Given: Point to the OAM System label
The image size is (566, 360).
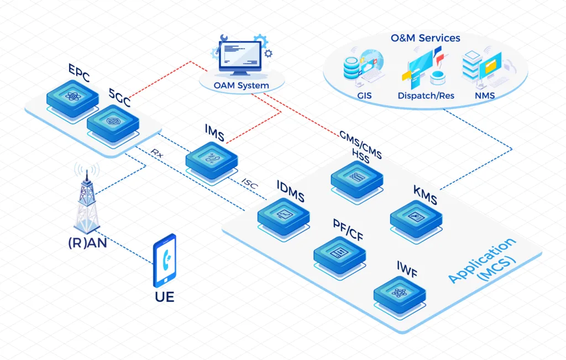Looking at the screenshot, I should (242, 85).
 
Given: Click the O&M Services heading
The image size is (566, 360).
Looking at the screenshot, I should (425, 38).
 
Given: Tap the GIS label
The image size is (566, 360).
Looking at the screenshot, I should (364, 96).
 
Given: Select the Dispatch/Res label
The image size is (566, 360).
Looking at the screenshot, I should (426, 96).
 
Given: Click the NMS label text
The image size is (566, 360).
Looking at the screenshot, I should (485, 96).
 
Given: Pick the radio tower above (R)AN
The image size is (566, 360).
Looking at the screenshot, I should (86, 196).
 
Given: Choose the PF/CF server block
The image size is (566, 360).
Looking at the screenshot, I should (339, 253).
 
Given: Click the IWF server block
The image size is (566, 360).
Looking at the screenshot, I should (400, 294).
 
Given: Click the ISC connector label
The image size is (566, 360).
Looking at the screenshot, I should (249, 184).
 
